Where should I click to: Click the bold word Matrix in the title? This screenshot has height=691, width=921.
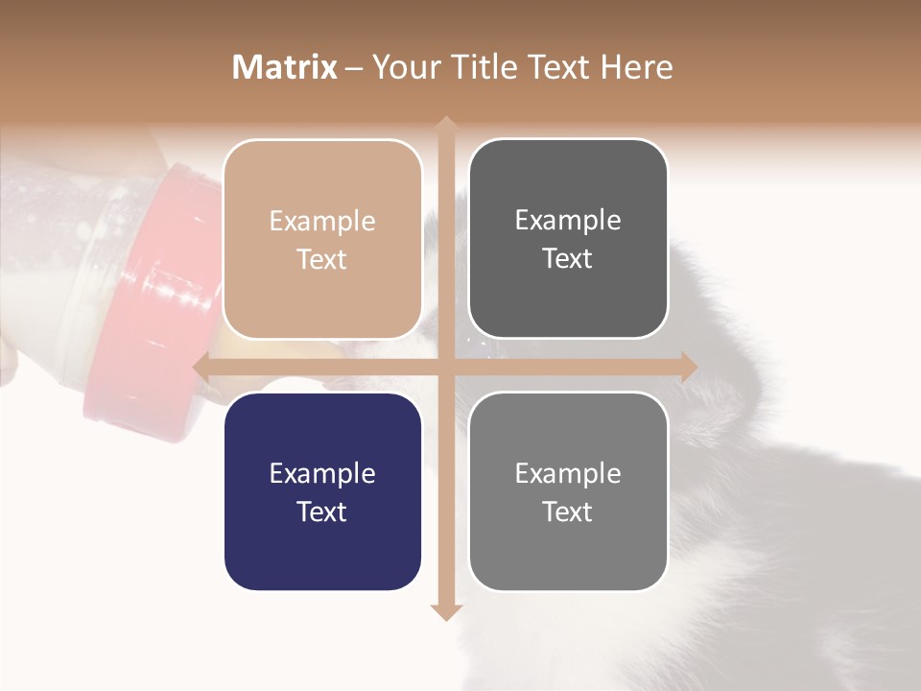(284, 66)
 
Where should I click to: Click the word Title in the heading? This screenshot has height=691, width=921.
(477, 66)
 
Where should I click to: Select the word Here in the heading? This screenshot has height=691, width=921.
(636, 66)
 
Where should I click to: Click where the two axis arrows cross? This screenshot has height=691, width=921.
(445, 367)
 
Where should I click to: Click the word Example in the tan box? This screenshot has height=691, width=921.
(322, 221)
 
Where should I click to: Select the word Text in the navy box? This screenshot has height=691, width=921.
(322, 512)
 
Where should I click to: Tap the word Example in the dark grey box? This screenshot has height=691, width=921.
(568, 220)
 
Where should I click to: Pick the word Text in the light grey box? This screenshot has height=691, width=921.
(568, 512)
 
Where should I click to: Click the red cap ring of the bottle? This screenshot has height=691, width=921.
(163, 288)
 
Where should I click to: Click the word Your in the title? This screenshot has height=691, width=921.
(403, 66)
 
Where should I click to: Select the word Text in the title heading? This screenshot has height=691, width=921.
(556, 66)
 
